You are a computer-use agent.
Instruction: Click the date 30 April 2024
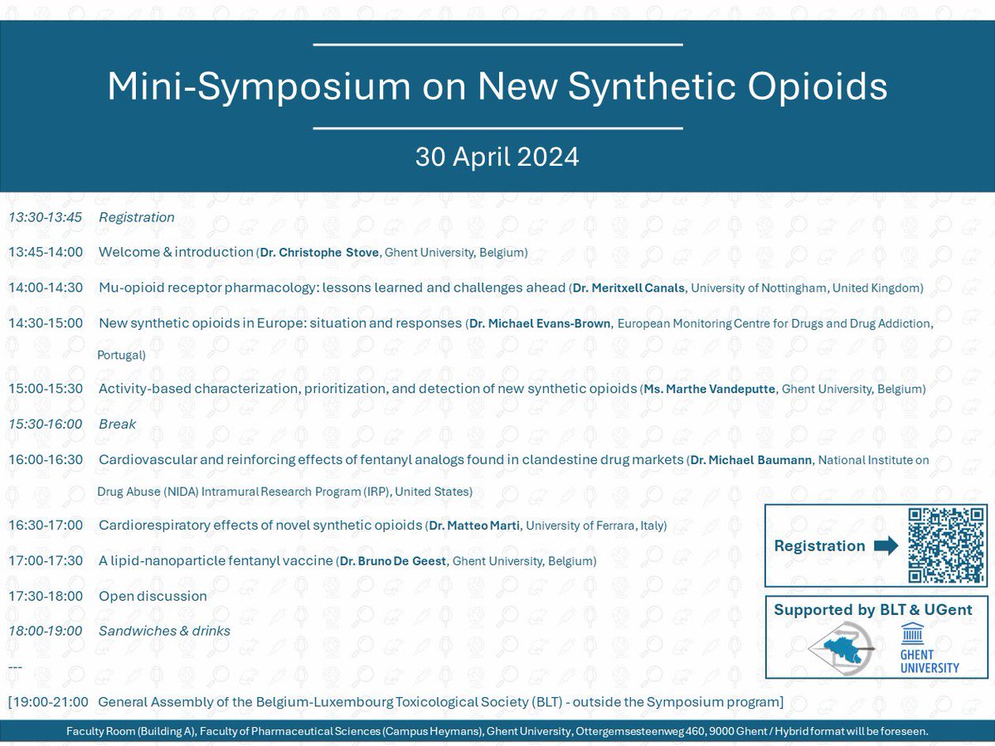(497, 157)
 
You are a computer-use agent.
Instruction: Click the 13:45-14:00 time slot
(46, 252)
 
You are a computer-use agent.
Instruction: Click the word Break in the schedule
(117, 424)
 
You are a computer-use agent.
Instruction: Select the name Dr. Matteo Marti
(473, 526)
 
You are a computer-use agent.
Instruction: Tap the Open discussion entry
(153, 596)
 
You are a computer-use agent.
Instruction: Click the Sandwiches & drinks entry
(164, 631)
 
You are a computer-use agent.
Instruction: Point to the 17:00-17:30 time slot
(46, 561)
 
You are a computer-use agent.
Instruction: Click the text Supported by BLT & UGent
(872, 610)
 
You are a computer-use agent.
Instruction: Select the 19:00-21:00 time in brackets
(49, 702)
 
